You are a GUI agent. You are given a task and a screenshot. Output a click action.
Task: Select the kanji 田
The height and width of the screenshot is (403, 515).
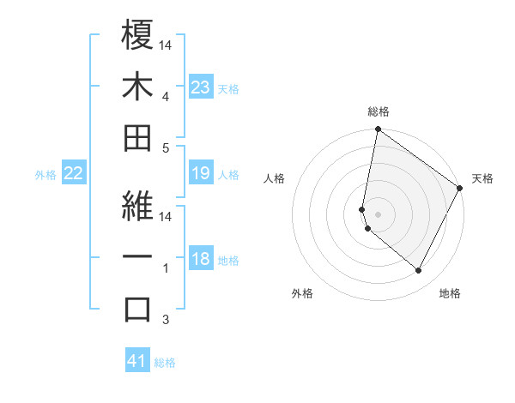point(138,138)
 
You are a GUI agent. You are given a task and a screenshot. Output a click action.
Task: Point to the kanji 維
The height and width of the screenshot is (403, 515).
point(138,207)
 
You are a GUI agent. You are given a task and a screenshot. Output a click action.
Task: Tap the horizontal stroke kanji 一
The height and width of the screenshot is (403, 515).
point(138,258)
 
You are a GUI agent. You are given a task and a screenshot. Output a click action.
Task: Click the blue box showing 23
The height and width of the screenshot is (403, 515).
point(200,87)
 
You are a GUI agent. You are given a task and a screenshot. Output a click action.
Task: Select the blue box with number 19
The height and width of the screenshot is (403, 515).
point(200,174)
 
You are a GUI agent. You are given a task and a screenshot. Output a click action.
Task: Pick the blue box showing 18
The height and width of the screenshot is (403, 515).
point(200,260)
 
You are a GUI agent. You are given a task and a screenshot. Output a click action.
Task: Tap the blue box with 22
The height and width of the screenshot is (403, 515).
point(74,174)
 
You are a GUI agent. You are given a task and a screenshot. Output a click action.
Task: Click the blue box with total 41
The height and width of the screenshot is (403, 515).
point(137,361)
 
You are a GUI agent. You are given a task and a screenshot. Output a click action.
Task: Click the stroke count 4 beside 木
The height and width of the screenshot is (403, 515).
point(165,96)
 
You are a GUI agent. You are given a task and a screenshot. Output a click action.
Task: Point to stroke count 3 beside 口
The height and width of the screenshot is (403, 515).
point(165,321)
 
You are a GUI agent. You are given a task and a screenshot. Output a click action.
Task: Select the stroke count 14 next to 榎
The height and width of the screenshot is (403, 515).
point(166,45)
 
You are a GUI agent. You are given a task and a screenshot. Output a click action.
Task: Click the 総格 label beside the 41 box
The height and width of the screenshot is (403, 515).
point(165,363)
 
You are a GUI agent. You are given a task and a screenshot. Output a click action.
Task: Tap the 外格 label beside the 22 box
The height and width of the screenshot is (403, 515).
point(45,175)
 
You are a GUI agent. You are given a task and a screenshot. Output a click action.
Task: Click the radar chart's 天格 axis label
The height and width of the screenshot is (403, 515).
point(482,178)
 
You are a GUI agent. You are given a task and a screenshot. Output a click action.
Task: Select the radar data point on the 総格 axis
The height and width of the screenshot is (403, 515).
point(378,130)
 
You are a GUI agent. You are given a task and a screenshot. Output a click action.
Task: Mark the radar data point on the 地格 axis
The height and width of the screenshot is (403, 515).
point(418,271)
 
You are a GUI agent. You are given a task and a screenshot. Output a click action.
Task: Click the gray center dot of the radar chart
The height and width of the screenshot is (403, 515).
point(378,214)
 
